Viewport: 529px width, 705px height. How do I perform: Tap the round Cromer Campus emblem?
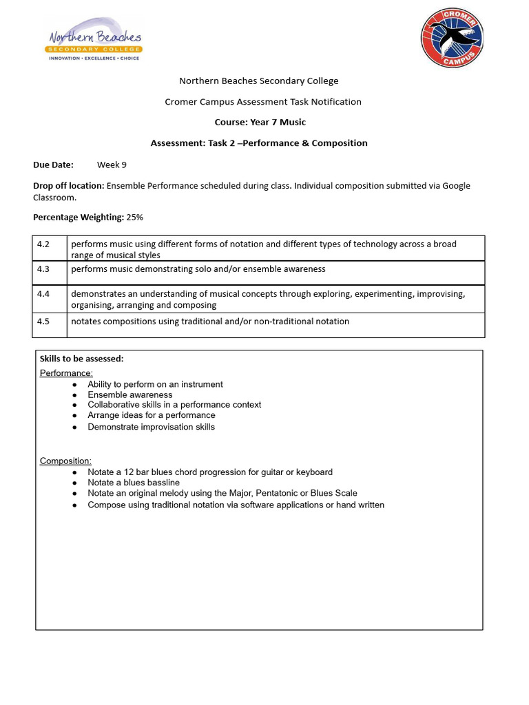[452, 38]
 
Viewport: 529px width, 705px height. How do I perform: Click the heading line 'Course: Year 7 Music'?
[260, 123]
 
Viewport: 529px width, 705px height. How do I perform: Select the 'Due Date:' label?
[53, 165]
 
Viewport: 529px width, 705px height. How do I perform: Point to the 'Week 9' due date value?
[112, 165]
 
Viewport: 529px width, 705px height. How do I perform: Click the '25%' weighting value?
[135, 217]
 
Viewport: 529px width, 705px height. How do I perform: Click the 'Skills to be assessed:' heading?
[81, 359]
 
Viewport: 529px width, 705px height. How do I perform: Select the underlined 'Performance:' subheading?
[66, 373]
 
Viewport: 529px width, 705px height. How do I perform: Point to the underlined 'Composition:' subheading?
[65, 461]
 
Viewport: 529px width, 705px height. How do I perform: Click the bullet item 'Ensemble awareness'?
[130, 395]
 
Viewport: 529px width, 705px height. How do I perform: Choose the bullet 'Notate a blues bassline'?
[134, 483]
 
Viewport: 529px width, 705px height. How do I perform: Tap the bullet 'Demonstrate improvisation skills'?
[151, 427]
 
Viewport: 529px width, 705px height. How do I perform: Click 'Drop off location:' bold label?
[69, 186]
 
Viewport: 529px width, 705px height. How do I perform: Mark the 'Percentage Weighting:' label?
[79, 217]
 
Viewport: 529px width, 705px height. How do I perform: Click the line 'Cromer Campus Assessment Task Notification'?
[262, 102]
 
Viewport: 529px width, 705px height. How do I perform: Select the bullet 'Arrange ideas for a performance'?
[151, 415]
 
